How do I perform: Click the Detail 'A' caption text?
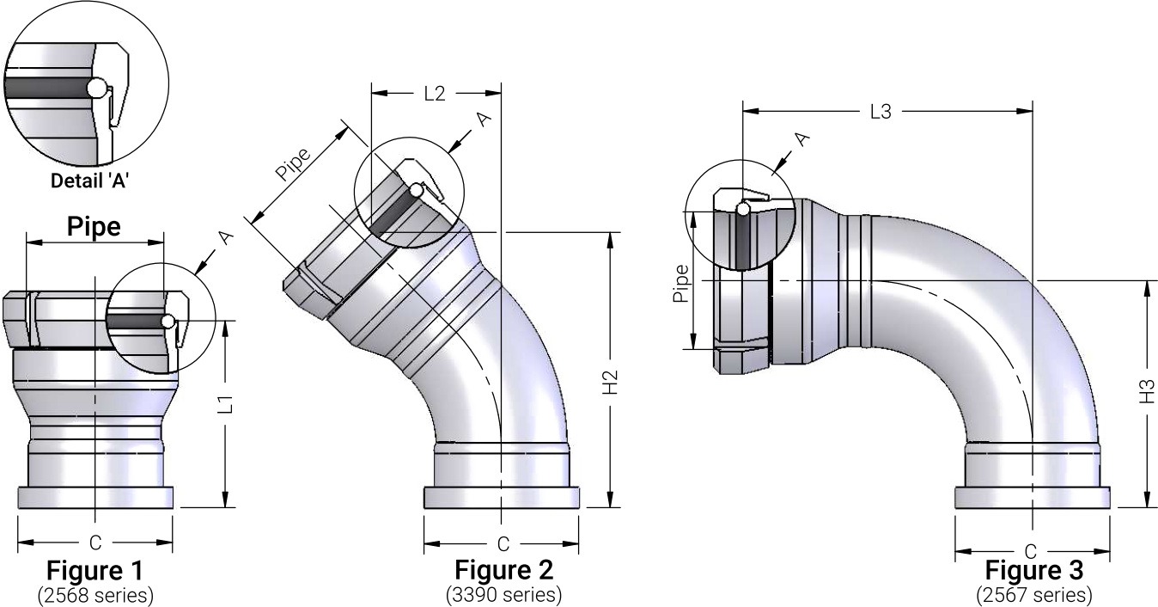coord(89,181)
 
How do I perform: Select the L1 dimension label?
coord(225,404)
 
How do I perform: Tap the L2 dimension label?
coord(435,94)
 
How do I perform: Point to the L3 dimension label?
coord(881,112)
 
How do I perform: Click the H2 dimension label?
coord(611,383)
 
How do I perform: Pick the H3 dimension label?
coord(1147,391)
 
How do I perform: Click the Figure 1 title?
coord(94,570)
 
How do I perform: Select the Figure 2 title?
coord(504,570)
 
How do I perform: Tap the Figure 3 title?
coord(1034,570)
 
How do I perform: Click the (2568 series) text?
coord(95,596)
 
